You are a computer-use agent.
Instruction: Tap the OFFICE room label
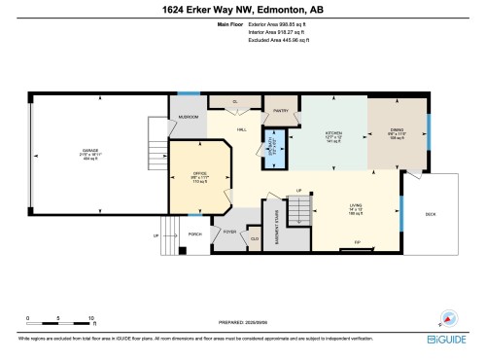(200, 175)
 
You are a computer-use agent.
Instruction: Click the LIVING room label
(355, 205)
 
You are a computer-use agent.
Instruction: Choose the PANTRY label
(283, 110)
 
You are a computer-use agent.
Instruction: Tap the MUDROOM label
(186, 118)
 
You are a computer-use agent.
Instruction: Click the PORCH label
(194, 234)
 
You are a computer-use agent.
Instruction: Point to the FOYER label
(230, 232)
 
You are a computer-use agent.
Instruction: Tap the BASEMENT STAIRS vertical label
(278, 223)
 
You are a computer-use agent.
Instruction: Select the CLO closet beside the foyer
(255, 237)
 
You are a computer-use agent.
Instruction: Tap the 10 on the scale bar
(91, 318)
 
